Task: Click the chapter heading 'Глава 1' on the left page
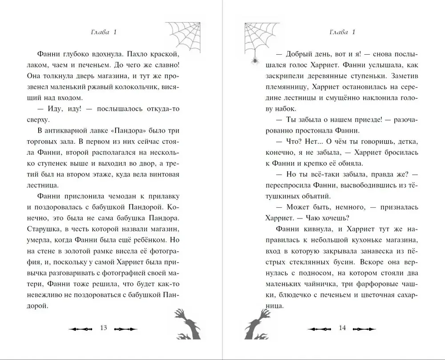pyautogui.click(x=102, y=32)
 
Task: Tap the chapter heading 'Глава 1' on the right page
pyautogui.click(x=341, y=32)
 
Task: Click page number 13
pyautogui.click(x=103, y=328)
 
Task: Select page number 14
pyautogui.click(x=342, y=328)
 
